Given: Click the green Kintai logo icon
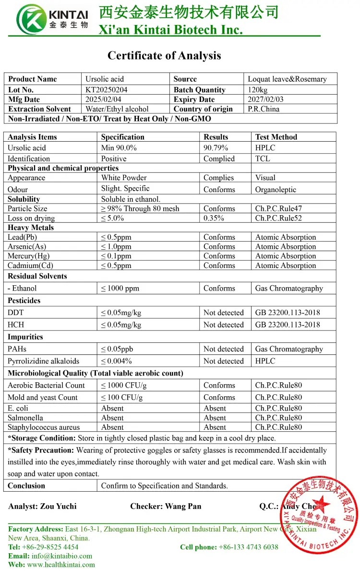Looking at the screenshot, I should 32,19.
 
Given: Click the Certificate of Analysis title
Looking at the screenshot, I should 164,56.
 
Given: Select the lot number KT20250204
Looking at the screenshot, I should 107,90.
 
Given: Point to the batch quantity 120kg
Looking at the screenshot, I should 258,90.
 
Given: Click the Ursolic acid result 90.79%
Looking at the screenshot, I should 216,148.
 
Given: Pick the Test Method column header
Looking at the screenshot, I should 276,137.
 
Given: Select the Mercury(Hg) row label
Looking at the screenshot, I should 28,256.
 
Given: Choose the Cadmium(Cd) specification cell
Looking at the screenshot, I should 116,266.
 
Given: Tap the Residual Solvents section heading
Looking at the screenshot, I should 37,276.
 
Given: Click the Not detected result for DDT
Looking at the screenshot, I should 224,313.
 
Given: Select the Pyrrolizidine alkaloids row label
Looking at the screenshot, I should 43,361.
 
